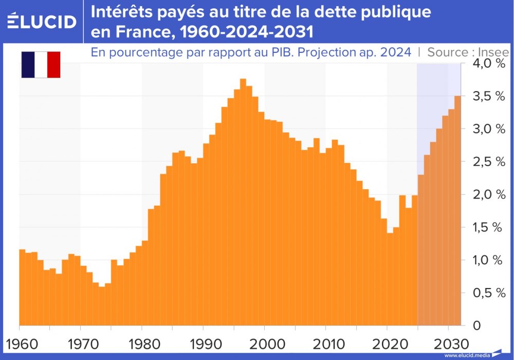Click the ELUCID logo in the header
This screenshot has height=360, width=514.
pyautogui.click(x=42, y=22)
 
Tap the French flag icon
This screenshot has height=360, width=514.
pyautogui.click(x=41, y=64)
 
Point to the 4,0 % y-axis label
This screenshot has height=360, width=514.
pyautogui.click(x=485, y=63)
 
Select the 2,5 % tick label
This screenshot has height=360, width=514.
pyautogui.click(x=485, y=161)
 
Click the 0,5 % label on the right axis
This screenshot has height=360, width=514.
pyautogui.click(x=485, y=293)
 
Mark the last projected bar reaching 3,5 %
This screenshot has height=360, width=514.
pyautogui.click(x=457, y=211)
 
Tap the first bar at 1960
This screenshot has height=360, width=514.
pyautogui.click(x=22, y=288)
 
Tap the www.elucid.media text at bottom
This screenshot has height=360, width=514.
pyautogui.click(x=467, y=355)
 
